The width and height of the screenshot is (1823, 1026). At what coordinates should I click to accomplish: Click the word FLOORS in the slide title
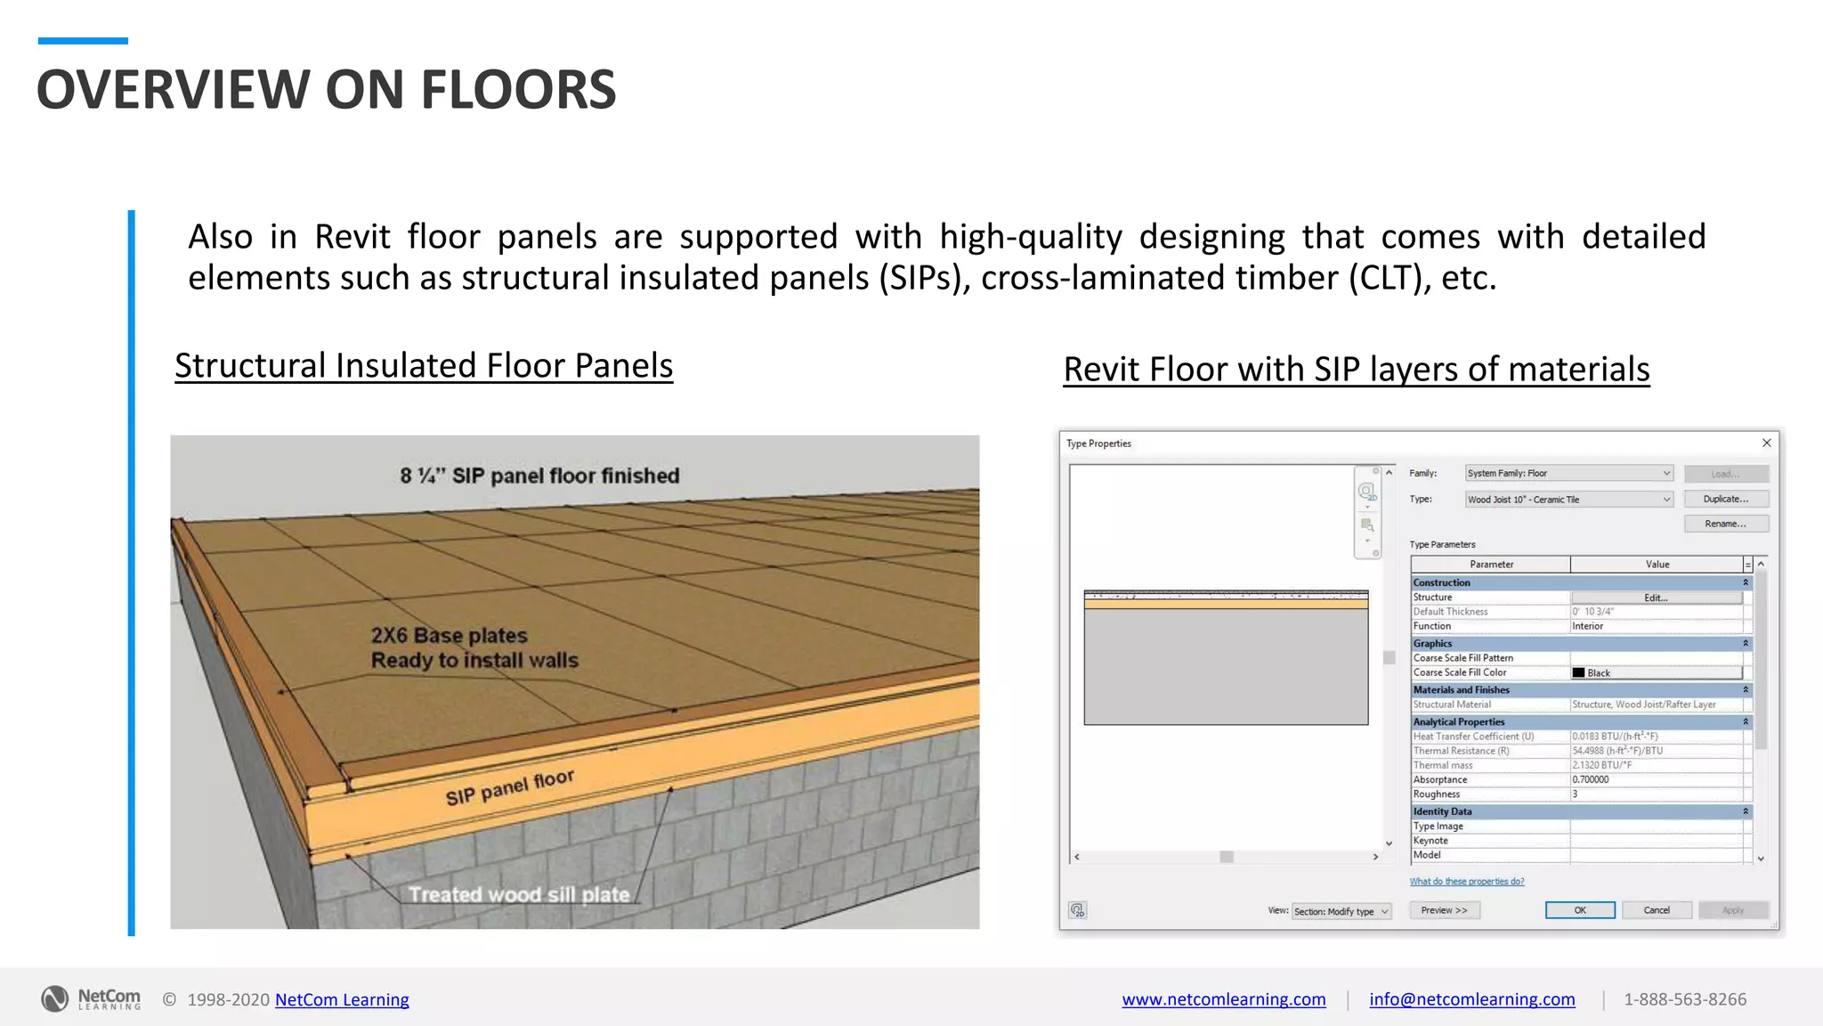(x=518, y=90)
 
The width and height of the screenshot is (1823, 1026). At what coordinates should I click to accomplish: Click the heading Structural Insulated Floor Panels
(x=424, y=366)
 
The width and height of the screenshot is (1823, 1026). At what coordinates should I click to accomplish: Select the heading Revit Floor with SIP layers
(x=1356, y=370)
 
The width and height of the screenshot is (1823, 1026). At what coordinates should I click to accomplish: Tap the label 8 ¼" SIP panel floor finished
(x=539, y=476)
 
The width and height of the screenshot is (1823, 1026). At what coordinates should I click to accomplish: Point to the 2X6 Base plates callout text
(x=474, y=647)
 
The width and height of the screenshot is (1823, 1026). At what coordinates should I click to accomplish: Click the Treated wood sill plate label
(x=519, y=894)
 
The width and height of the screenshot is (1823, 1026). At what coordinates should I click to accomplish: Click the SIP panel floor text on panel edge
(x=509, y=787)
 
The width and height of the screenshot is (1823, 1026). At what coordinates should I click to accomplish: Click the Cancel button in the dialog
(x=1656, y=910)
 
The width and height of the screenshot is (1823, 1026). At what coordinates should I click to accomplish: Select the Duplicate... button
(x=1725, y=499)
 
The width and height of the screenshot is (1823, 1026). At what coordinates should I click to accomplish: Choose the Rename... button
(x=1725, y=524)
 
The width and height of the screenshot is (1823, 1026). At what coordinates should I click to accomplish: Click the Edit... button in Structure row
(x=1656, y=598)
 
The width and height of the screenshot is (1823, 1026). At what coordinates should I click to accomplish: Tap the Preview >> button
(x=1444, y=910)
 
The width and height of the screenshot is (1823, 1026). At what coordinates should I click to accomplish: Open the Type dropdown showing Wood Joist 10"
(x=1568, y=500)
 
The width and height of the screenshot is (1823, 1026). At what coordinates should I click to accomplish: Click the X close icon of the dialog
(x=1767, y=443)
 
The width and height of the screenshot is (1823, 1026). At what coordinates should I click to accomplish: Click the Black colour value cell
(x=1656, y=672)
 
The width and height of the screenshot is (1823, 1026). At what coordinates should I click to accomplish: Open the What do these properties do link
(x=1467, y=882)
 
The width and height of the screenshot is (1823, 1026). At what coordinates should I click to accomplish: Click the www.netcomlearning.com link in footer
(x=1223, y=999)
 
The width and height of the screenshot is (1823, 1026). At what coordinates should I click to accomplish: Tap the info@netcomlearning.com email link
(x=1471, y=999)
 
